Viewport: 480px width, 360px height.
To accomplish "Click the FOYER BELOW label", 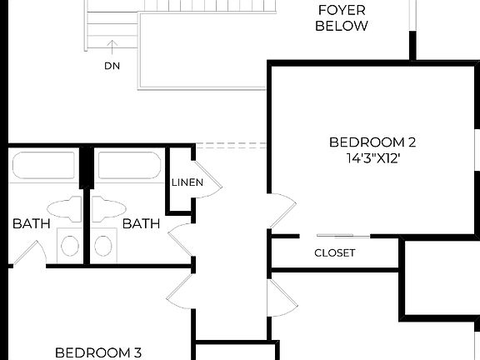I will (x=341, y=18).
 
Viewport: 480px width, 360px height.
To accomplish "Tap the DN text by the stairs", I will (x=112, y=65).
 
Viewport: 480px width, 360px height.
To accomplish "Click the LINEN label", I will (x=184, y=182).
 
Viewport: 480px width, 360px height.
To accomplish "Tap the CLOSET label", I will (x=335, y=252).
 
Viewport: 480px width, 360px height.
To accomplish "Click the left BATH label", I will (x=32, y=223).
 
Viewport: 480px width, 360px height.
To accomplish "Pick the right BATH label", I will (x=141, y=223).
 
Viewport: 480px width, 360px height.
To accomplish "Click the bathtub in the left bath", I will (x=43, y=165).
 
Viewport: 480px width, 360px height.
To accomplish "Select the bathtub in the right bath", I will (x=128, y=165).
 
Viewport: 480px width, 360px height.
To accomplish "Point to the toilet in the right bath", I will (x=107, y=207).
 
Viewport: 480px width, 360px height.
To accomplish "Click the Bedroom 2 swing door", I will (x=283, y=213).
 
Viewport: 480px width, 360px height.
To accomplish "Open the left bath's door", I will (x=30, y=254).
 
